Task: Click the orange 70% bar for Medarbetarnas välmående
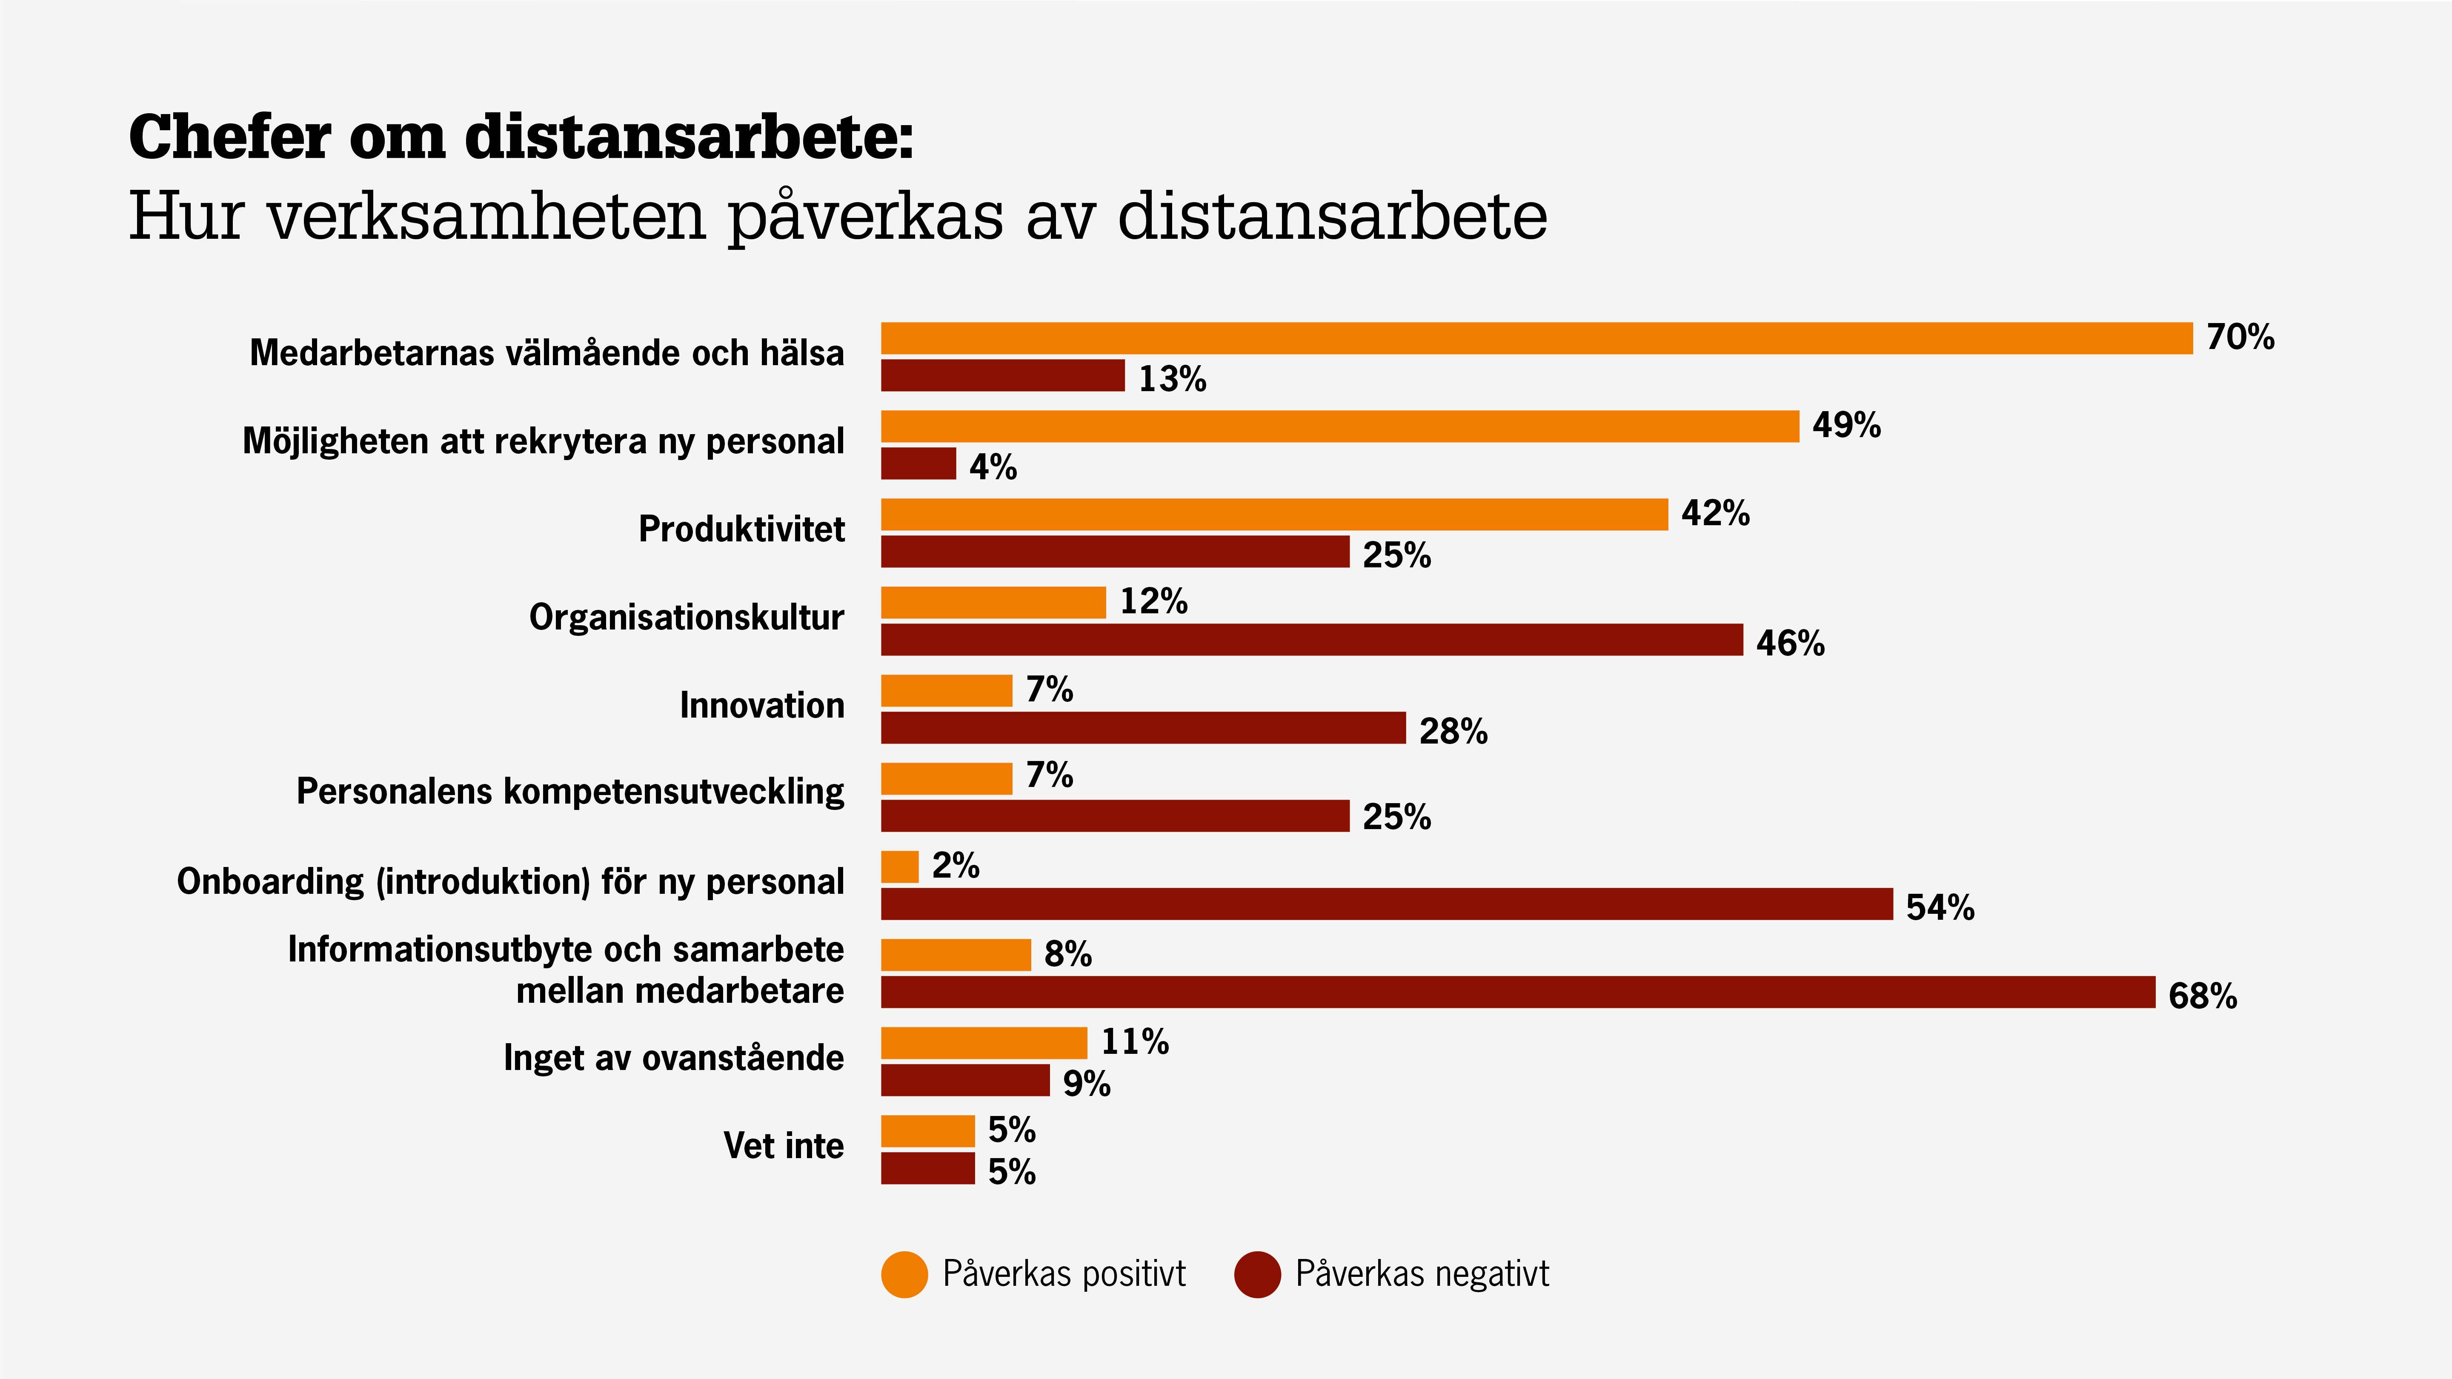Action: tap(1536, 339)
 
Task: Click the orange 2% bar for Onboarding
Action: tap(899, 867)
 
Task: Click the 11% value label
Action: tap(1135, 1042)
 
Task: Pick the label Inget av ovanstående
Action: tap(673, 1058)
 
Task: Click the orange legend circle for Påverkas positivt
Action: tap(904, 1274)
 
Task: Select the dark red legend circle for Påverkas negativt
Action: tap(1256, 1274)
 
